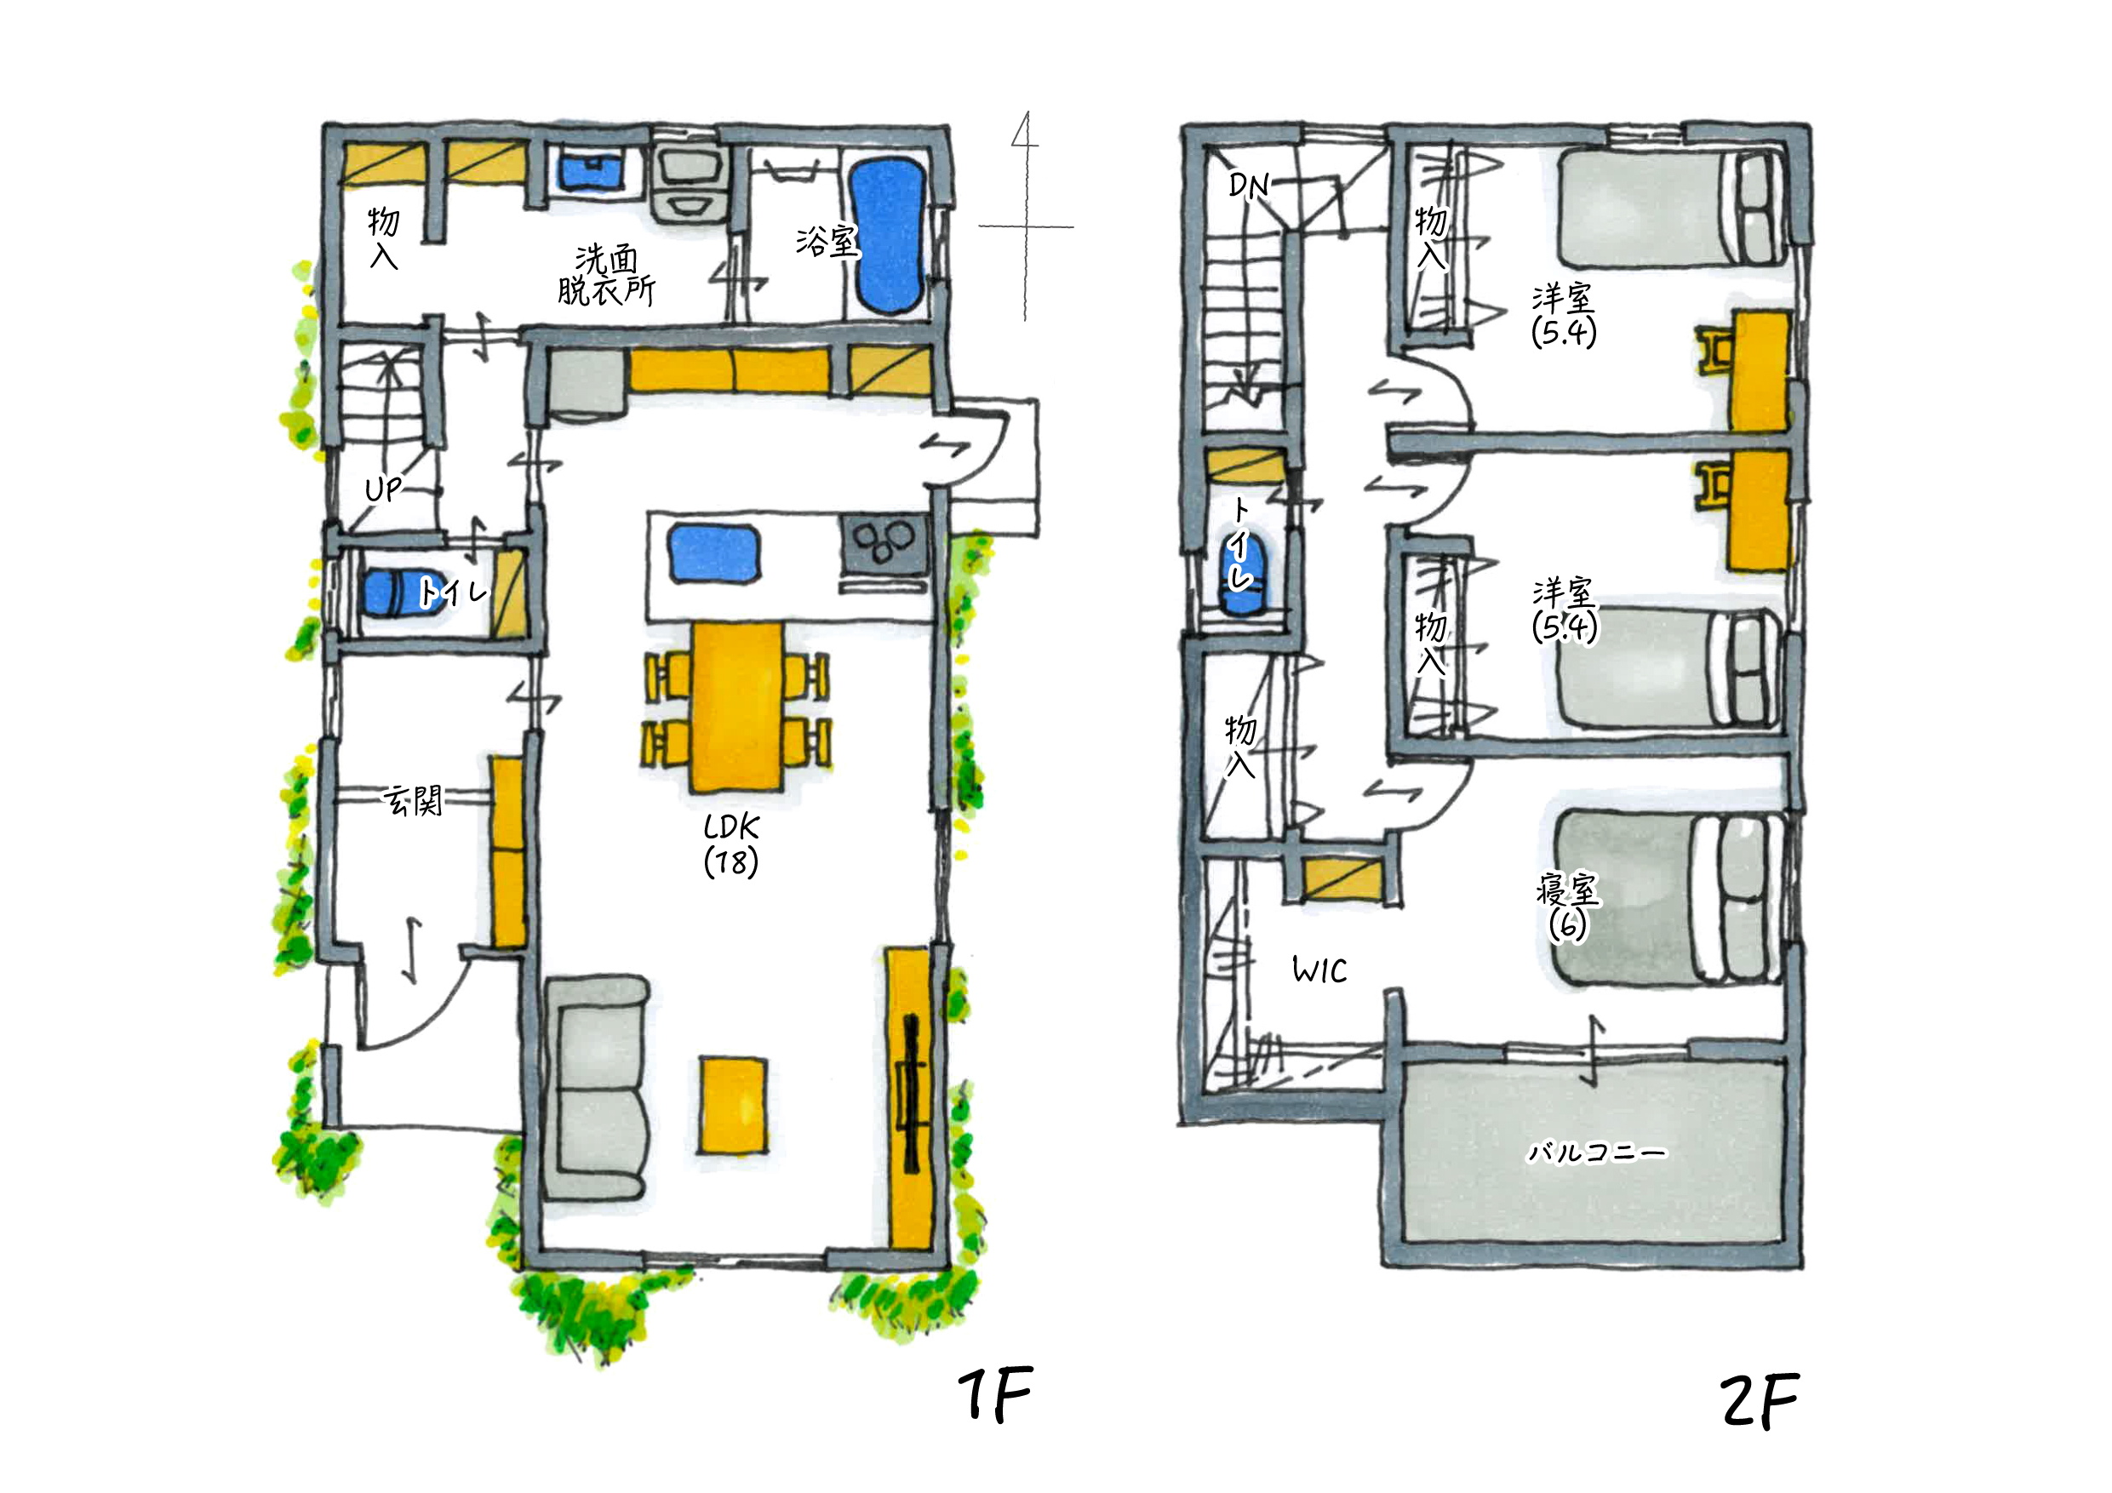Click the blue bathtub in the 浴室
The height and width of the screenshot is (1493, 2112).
887,237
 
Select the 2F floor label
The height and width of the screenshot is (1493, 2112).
1759,1401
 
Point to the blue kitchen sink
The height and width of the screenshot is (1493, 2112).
714,553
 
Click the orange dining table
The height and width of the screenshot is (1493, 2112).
737,706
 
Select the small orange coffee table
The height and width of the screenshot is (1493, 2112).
732,1105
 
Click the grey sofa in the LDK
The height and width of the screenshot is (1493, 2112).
596,1088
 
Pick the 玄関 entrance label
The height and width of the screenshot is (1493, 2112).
413,800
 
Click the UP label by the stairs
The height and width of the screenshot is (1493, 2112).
383,489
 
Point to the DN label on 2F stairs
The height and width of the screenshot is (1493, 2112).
1248,186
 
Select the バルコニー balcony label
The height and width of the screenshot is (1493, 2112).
1596,1152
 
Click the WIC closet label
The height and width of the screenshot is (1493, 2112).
1319,970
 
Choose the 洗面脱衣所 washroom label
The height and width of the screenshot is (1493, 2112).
606,275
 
